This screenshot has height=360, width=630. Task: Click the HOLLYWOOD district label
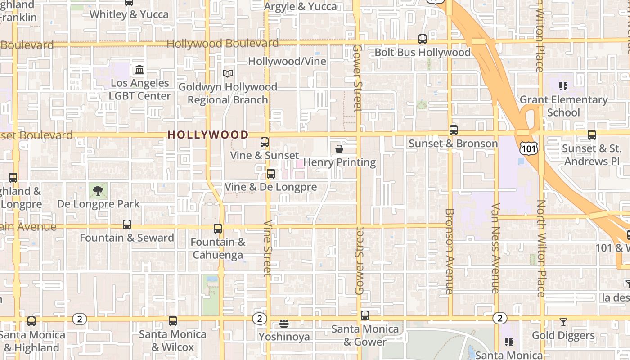pyautogui.click(x=208, y=135)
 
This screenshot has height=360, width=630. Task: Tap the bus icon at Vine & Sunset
pyautogui.click(x=265, y=142)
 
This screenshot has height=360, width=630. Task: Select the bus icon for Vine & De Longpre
pyautogui.click(x=271, y=174)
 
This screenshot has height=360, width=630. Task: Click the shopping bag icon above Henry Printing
pyautogui.click(x=339, y=149)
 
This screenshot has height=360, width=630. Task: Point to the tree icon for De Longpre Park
pyautogui.click(x=98, y=191)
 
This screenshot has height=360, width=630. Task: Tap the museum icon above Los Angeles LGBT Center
pyautogui.click(x=139, y=70)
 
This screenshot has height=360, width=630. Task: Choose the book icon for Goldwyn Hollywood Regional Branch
pyautogui.click(x=228, y=73)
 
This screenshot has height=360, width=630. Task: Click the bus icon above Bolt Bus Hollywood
pyautogui.click(x=423, y=39)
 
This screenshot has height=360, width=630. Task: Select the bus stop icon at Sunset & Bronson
pyautogui.click(x=454, y=130)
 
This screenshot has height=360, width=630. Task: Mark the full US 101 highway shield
pyautogui.click(x=528, y=148)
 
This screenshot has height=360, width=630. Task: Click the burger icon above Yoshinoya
pyautogui.click(x=284, y=323)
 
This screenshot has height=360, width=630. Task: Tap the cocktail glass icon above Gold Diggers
pyautogui.click(x=563, y=322)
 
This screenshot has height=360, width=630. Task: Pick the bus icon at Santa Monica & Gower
pyautogui.click(x=365, y=315)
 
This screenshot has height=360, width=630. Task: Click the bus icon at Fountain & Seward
pyautogui.click(x=127, y=225)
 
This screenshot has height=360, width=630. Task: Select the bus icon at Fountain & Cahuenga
pyautogui.click(x=218, y=229)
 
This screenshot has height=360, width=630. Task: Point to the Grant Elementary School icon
pyautogui.click(x=563, y=86)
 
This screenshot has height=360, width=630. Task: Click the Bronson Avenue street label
pyautogui.click(x=449, y=251)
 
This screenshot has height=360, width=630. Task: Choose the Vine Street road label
pyautogui.click(x=268, y=248)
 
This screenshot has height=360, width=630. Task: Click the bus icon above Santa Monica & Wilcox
pyautogui.click(x=173, y=321)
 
